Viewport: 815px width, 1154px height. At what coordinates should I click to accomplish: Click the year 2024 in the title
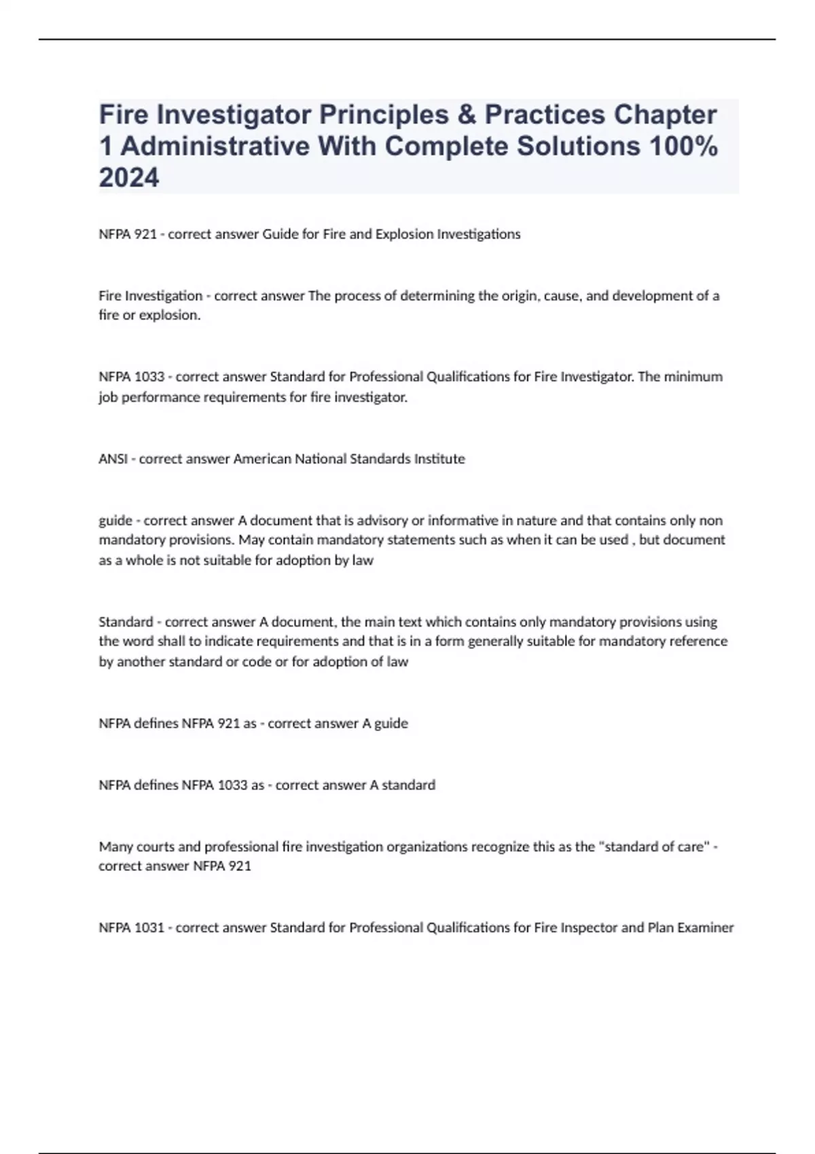pos(129,178)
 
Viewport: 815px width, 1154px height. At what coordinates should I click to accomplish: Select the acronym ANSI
pos(113,459)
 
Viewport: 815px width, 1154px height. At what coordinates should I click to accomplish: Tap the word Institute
pos(438,459)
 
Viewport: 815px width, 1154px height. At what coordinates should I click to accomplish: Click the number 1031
pos(150,927)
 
